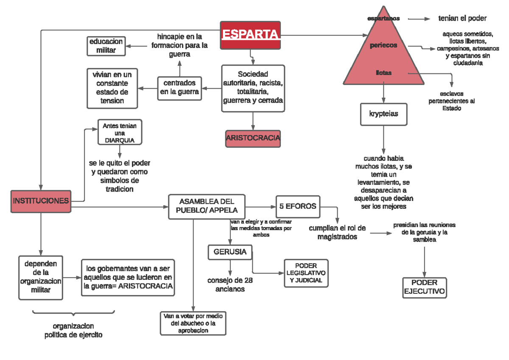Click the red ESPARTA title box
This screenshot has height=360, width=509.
pos(251,35)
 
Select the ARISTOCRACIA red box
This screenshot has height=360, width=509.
pos(253,138)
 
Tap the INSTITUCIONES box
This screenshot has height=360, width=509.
pos(41,201)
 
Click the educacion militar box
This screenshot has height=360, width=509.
pos(106,46)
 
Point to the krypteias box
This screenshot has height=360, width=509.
pos(383,114)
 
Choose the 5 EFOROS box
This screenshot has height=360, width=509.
pos(298,206)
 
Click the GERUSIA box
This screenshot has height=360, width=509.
pos(230,252)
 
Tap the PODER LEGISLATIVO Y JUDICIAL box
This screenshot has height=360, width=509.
pos(306,273)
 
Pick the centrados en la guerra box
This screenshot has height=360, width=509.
pos(179,88)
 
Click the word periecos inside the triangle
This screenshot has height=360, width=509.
pos(383,45)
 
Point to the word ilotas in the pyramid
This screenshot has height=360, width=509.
pos(383,73)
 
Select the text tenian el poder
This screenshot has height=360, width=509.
pos(462,18)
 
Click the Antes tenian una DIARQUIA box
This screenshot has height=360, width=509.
pos(120,132)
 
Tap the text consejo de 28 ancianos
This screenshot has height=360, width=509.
pos(230,284)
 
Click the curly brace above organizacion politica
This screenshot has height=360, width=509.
pos(73,313)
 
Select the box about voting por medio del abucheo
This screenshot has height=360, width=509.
pos(193,323)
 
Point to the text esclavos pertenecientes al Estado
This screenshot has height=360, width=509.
pos(451,101)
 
